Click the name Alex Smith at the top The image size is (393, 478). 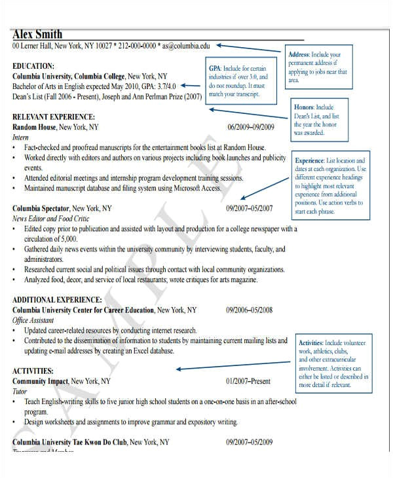coord(37,34)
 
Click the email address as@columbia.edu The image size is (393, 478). coord(187,46)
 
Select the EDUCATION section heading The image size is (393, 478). coord(33,66)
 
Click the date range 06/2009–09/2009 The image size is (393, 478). coord(250,127)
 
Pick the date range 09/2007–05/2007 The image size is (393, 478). coord(250,208)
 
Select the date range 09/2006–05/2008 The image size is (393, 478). coord(250,310)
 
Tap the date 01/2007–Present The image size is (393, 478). coord(248,381)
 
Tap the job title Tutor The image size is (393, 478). coord(20,392)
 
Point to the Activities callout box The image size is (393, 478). coord(333,364)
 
